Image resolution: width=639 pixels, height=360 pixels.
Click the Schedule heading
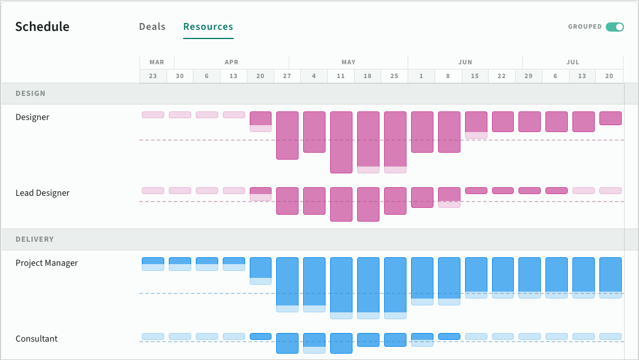42,27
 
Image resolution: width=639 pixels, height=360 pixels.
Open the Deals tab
152,27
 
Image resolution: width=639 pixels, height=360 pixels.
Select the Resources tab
208,27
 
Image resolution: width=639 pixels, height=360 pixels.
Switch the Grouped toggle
614,27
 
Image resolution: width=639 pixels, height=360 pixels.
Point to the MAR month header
157,62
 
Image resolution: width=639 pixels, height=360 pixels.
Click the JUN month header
465,62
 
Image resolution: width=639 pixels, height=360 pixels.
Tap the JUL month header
572,62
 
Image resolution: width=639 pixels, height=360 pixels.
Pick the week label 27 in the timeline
287,76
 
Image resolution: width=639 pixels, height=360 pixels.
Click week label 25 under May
394,76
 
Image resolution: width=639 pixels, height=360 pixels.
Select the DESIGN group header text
30,94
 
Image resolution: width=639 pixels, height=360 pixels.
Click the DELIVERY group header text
34,239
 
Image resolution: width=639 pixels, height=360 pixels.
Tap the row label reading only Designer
32,117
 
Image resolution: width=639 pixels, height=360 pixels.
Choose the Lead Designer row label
42,193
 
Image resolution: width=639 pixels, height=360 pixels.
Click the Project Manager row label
47,263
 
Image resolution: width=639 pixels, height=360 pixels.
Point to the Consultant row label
36,339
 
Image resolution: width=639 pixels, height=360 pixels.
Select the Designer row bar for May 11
341,142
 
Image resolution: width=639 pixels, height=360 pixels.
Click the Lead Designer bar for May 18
368,204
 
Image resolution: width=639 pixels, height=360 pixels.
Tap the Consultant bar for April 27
287,343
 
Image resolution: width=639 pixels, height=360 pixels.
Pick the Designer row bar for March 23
153,115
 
